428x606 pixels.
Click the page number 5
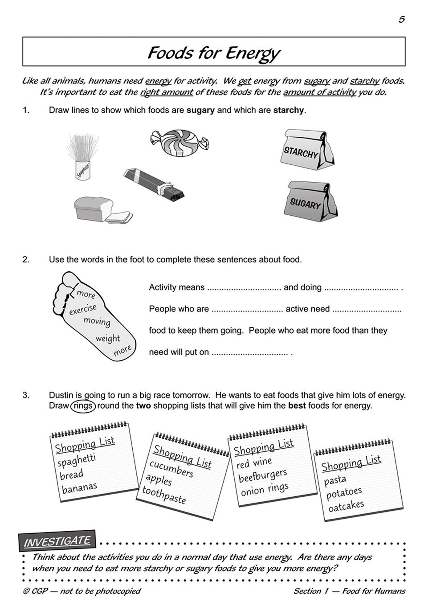(401, 19)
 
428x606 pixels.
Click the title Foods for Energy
(213, 53)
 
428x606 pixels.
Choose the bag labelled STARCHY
(308, 150)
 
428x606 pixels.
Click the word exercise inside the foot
(82, 309)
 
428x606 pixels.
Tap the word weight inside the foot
(108, 338)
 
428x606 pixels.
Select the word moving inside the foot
(97, 321)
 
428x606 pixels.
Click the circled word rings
(82, 406)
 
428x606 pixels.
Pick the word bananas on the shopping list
(79, 488)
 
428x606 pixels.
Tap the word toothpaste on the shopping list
(164, 495)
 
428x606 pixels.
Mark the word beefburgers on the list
(262, 475)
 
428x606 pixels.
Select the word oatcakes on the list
(346, 506)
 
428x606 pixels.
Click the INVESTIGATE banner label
(57, 541)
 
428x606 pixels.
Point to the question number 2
(26, 259)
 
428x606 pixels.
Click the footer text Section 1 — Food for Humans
(349, 591)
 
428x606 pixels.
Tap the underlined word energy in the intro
(158, 81)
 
